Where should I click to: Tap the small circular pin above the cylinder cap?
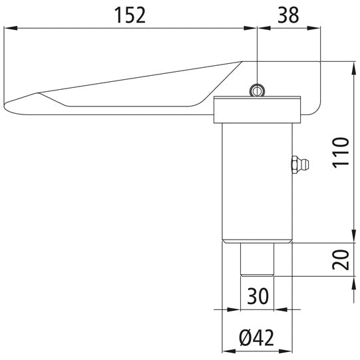pos(257,90)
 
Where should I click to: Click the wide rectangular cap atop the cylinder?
pos(257,111)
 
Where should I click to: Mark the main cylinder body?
pos(257,180)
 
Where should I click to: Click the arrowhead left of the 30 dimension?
pos(234,309)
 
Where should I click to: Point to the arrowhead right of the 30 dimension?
pos(282,309)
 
